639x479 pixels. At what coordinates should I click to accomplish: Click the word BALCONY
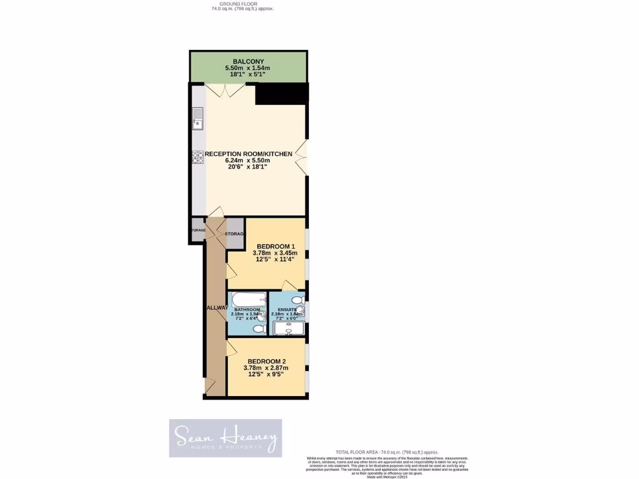coord(248,61)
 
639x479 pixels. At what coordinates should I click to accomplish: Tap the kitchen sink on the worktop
coord(198,117)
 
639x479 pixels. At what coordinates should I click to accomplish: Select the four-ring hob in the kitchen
coord(198,157)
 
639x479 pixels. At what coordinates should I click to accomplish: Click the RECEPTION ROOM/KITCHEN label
coord(248,153)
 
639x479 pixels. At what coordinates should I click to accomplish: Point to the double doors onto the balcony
coord(225,90)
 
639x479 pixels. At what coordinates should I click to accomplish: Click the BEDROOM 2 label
coord(266,361)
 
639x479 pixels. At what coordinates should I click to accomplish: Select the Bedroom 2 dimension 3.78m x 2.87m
coord(266,368)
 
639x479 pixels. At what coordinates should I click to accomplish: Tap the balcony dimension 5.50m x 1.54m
coord(248,68)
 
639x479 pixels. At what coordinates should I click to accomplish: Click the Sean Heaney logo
coord(225,438)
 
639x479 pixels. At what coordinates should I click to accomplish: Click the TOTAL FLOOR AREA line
coord(387,452)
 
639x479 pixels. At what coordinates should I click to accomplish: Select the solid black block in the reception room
coord(281,95)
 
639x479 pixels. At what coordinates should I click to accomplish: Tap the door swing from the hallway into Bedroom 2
coord(232,347)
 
